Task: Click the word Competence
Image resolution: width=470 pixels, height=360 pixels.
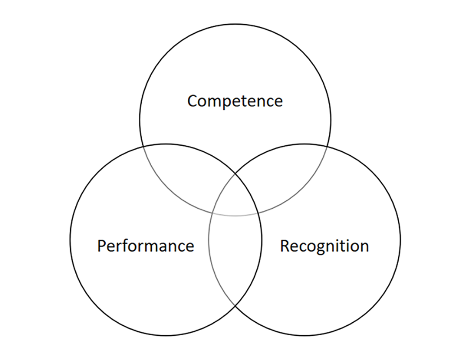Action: [235, 101]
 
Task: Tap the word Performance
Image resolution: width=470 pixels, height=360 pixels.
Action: [145, 246]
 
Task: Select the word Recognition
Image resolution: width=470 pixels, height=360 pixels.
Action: [324, 246]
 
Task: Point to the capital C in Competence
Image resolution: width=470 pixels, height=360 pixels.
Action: [193, 102]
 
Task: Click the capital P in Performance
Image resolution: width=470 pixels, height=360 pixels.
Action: [102, 246]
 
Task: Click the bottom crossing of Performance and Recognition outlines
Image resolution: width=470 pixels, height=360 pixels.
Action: [235, 305]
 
